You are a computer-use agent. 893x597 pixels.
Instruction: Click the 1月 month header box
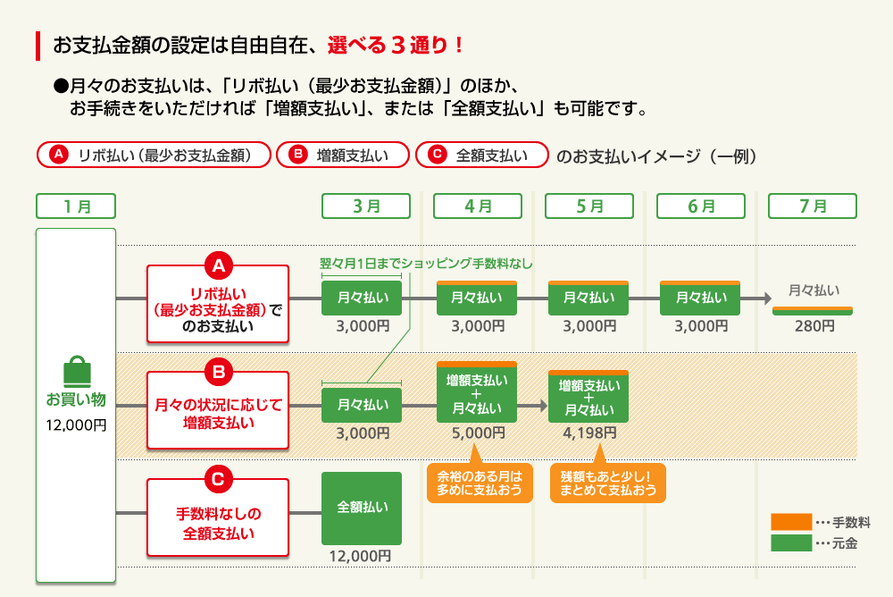point(76,206)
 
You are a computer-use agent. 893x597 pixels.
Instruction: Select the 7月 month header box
point(812,206)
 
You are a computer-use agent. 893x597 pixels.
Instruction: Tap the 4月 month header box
point(477,206)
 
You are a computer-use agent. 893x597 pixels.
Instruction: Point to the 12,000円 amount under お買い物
point(76,425)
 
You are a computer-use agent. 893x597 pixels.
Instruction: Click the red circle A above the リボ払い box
point(219,265)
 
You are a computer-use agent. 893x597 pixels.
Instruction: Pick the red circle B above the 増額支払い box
point(219,373)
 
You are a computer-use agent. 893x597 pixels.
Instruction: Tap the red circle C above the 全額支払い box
point(219,480)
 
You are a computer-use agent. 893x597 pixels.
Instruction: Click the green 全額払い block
point(362,508)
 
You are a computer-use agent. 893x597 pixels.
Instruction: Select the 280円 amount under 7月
point(814,326)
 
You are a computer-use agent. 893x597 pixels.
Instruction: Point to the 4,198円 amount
point(589,433)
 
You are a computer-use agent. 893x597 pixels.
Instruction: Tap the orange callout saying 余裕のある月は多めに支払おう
point(480,483)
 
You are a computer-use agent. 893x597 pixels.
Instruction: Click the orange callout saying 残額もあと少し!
point(607,483)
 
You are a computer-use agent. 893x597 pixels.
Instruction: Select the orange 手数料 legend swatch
point(791,522)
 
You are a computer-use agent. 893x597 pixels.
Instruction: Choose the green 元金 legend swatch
point(791,542)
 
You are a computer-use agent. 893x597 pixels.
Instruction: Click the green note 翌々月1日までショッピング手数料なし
point(426,264)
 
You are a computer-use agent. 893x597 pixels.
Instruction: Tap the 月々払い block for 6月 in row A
point(700,298)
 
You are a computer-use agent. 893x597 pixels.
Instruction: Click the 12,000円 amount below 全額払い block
point(360,556)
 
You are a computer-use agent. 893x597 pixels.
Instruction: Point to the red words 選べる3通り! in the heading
point(396,45)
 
